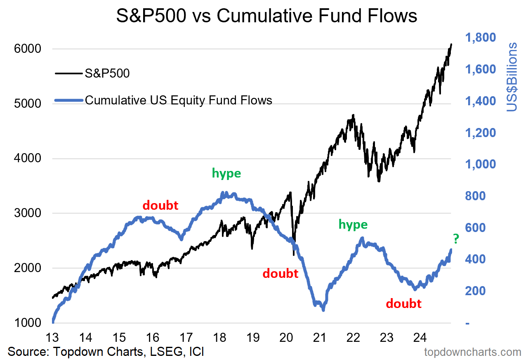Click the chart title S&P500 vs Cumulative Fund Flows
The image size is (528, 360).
(266, 16)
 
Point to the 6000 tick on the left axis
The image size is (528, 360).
(28, 49)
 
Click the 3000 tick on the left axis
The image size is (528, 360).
(28, 213)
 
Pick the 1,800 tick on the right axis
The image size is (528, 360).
(481, 38)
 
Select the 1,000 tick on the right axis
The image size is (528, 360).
(481, 164)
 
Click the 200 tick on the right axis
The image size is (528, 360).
(476, 291)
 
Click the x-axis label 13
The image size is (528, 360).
(52, 338)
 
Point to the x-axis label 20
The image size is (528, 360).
(286, 338)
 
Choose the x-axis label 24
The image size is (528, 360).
(420, 338)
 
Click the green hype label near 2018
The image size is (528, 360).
(226, 173)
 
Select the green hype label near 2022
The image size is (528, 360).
(353, 224)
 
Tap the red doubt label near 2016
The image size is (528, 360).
(160, 205)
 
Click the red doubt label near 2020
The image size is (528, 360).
(280, 273)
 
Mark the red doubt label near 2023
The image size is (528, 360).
(403, 304)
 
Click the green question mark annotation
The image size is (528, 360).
(456, 239)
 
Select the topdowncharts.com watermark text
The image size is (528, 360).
(473, 352)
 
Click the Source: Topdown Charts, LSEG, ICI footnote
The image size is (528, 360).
(106, 352)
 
